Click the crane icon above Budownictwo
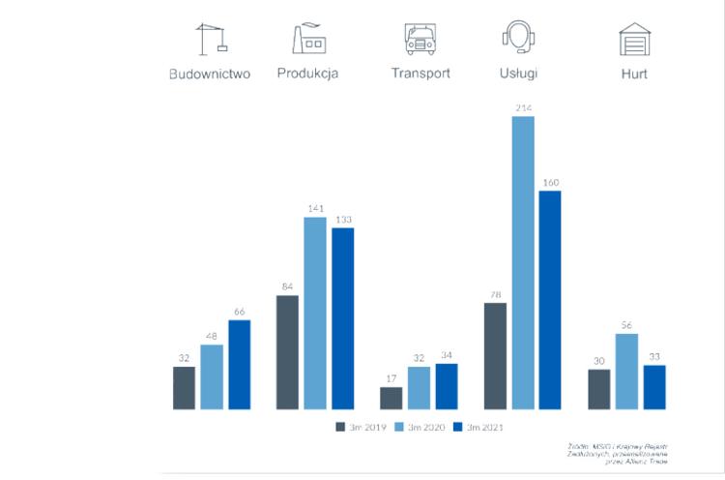click(x=211, y=39)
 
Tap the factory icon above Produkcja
click(x=308, y=38)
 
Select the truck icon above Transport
click(x=420, y=39)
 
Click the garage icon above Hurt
click(x=634, y=39)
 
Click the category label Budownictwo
click(x=210, y=74)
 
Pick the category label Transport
click(x=420, y=74)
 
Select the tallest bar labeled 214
click(x=523, y=262)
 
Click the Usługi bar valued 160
click(x=550, y=300)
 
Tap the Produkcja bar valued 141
click(x=315, y=313)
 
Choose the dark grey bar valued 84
click(x=287, y=352)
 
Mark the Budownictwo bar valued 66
click(x=239, y=364)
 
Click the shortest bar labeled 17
click(x=391, y=398)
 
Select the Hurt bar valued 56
click(x=627, y=371)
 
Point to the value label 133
click(x=342, y=220)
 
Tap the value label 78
click(x=495, y=295)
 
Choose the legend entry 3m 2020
click(x=420, y=426)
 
